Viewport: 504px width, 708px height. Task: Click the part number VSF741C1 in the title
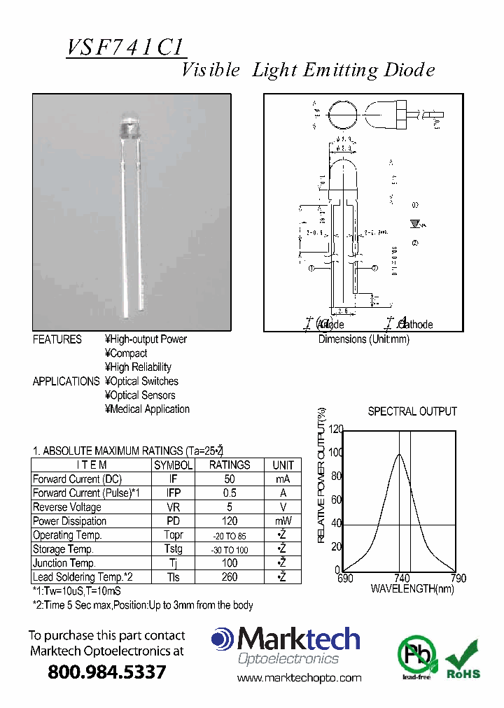126,48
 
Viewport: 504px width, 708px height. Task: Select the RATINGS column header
230,465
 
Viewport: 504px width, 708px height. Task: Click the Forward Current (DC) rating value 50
230,479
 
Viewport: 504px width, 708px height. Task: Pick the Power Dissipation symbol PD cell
173,521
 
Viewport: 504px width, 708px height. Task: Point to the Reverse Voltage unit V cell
283,507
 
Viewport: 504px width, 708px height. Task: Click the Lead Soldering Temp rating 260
230,577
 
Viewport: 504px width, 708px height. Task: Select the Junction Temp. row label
64,563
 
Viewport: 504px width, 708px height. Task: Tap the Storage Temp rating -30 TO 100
230,550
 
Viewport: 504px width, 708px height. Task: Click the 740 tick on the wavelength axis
402,579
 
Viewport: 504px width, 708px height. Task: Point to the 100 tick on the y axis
335,453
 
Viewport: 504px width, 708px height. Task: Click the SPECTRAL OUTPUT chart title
412,411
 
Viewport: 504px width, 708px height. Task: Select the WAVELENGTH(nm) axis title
412,589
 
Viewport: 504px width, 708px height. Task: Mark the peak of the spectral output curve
400,455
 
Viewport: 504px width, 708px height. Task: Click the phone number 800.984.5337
107,672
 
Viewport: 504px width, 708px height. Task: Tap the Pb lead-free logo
417,657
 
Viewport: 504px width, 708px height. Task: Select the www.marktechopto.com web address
299,677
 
